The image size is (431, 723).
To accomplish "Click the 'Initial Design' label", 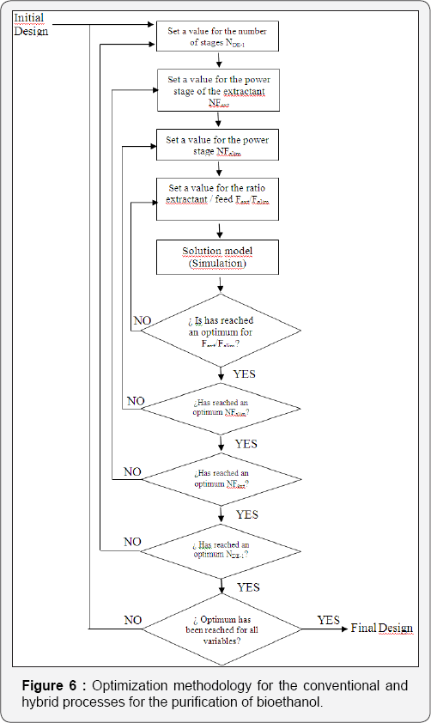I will (31, 25).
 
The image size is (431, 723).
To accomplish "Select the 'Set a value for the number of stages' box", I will (219, 36).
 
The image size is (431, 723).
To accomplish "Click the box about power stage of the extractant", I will (219, 89).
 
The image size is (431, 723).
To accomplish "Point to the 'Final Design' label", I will (382, 629).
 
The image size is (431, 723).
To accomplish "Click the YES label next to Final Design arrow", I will (328, 620).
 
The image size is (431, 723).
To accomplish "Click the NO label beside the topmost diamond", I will (143, 320).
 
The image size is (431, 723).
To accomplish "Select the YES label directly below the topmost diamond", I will (245, 374).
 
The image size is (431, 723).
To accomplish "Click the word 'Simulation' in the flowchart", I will (218, 264).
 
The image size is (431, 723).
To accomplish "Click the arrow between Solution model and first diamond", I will (222, 286).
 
